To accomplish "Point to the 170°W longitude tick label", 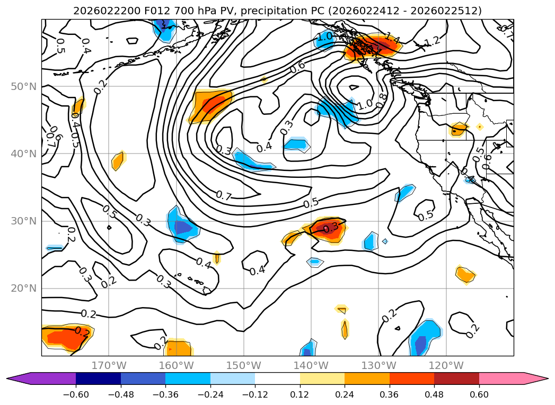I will coord(109,365).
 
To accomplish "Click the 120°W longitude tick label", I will coord(446,365).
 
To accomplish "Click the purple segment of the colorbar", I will coord(48,379).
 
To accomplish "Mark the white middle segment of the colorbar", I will coord(277,379).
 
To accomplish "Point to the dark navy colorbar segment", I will coord(98,379).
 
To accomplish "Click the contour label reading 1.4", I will coord(392,38).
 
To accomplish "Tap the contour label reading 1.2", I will coord(433,41).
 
